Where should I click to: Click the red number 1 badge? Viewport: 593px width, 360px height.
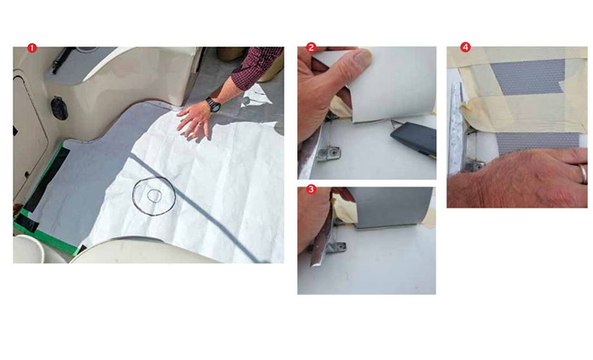point(32,47)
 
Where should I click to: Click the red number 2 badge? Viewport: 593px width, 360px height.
point(311,47)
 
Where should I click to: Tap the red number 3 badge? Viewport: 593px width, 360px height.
point(311,189)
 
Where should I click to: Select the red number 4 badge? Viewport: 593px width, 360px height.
point(465,47)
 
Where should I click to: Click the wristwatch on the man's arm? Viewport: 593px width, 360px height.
point(213,104)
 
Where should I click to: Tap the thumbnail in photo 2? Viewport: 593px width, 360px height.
point(362,58)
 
